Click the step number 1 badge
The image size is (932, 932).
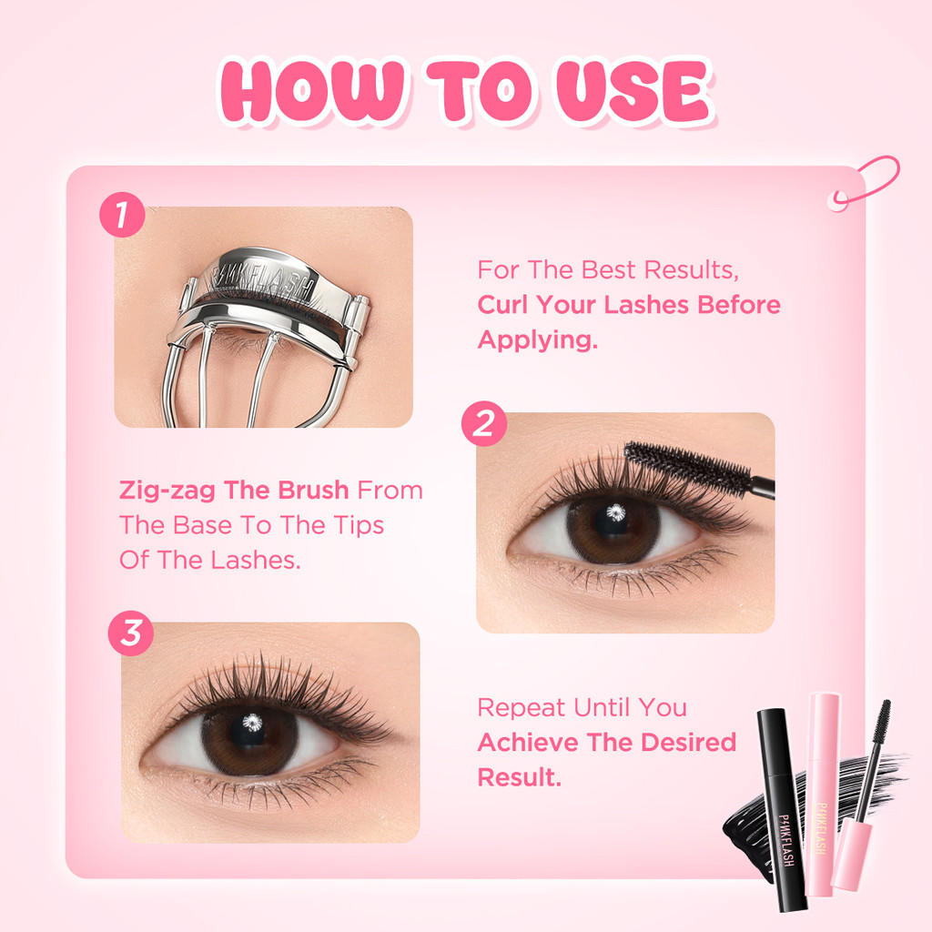[x=122, y=215]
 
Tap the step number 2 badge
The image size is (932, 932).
[x=484, y=423]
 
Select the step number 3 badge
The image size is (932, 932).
[x=131, y=633]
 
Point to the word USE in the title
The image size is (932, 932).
[x=633, y=90]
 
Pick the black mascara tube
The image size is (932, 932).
[x=780, y=809]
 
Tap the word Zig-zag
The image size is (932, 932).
[x=167, y=491]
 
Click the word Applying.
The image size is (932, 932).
[x=537, y=340]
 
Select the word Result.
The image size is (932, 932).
[x=520, y=777]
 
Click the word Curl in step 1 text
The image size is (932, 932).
[x=502, y=305]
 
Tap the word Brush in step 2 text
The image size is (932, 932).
[x=313, y=491]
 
